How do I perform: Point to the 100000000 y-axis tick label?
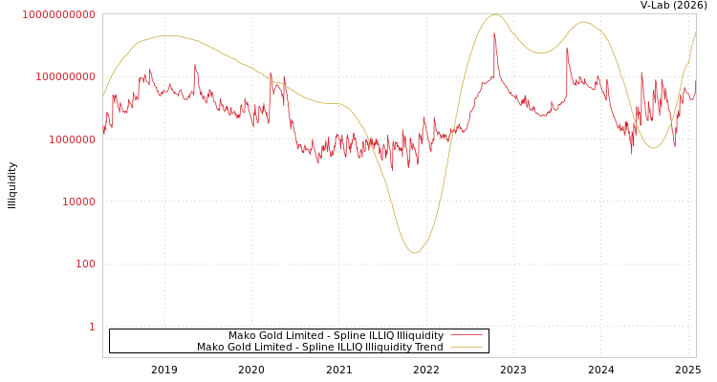pyautogui.click(x=66, y=76)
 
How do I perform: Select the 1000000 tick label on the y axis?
pyautogui.click(x=72, y=139)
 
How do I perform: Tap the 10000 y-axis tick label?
pyautogui.click(x=77, y=202)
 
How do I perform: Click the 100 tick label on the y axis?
pyautogui.click(x=84, y=264)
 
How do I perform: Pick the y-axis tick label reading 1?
pyautogui.click(x=92, y=327)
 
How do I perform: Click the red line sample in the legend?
pyautogui.click(x=466, y=336)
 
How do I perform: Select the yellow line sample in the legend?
pyautogui.click(x=466, y=348)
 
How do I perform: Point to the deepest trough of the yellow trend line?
pyautogui.click(x=414, y=253)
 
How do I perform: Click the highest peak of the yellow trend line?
pyautogui.click(x=494, y=14)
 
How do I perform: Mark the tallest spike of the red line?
pyautogui.click(x=494, y=33)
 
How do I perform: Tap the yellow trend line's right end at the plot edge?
pyautogui.click(x=695, y=32)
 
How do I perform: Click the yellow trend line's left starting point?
pyautogui.click(x=103, y=95)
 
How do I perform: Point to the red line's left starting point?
pyautogui.click(x=103, y=133)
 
